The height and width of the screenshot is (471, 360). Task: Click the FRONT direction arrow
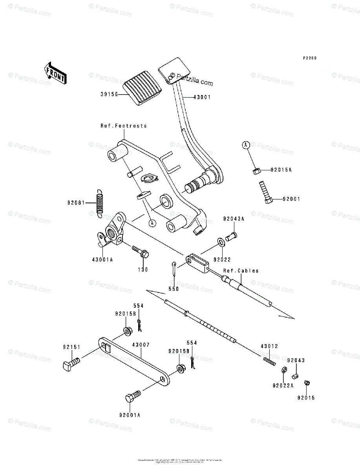tap(55, 73)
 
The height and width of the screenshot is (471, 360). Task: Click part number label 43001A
tap(102, 259)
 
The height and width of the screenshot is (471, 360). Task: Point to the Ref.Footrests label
tap(124, 126)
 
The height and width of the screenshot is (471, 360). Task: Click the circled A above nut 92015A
tap(246, 146)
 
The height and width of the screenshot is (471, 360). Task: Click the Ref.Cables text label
tap(241, 271)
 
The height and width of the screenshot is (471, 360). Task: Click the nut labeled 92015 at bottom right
tap(308, 384)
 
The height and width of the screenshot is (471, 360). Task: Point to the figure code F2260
tap(309, 58)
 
